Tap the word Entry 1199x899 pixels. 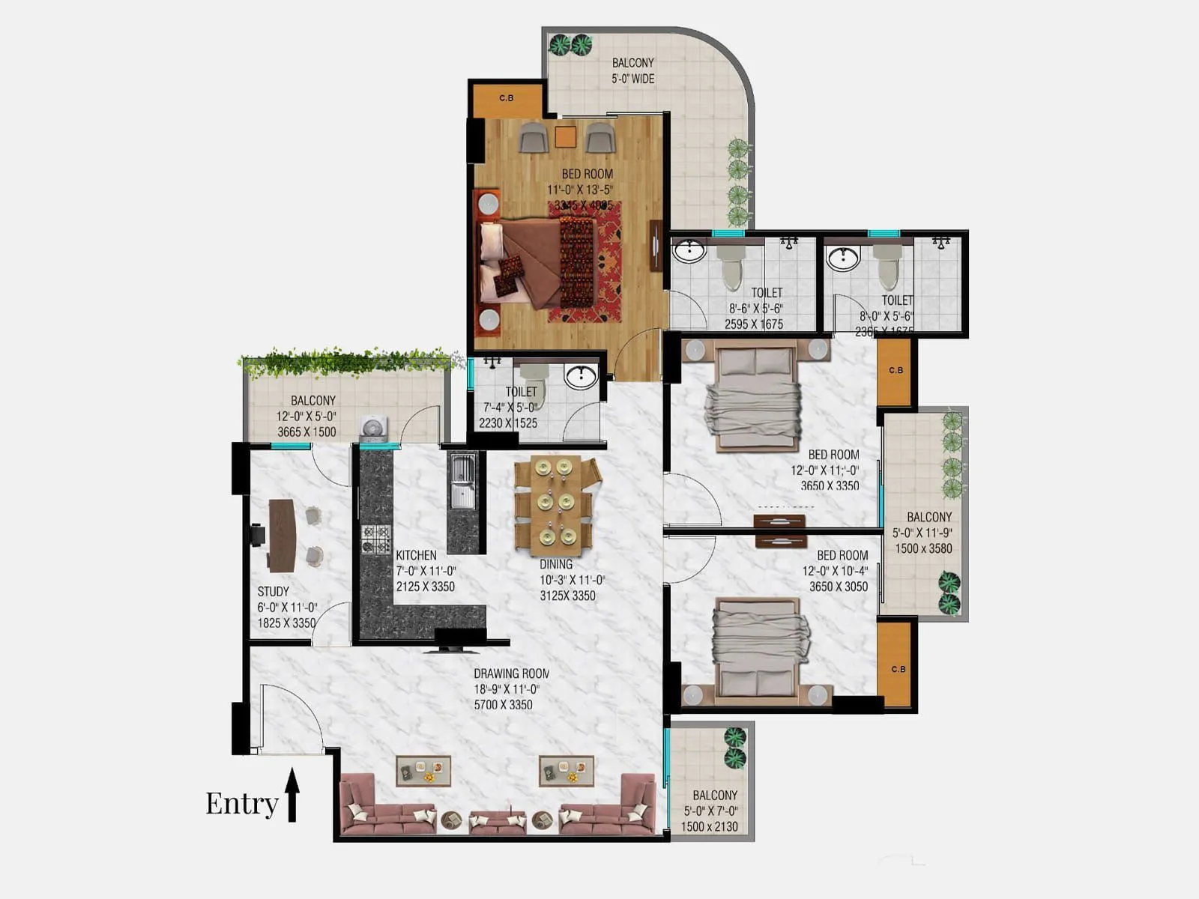click(x=241, y=803)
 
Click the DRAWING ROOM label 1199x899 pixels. click(x=511, y=674)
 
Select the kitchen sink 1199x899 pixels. click(x=461, y=481)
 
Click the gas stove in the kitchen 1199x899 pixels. click(x=376, y=538)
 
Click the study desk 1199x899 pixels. click(x=281, y=535)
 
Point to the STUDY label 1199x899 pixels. click(x=273, y=591)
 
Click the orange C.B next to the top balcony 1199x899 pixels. click(x=507, y=99)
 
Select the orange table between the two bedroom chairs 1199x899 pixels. click(x=566, y=137)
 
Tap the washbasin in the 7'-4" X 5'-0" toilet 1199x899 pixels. click(x=580, y=376)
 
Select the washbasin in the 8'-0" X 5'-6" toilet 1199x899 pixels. click(x=843, y=258)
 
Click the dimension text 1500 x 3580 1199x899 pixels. click(x=923, y=548)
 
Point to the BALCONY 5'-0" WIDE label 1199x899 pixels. click(x=633, y=70)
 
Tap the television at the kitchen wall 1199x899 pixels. click(x=459, y=642)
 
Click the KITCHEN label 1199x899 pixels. click(x=416, y=555)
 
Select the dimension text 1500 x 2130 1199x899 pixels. click(x=709, y=826)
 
